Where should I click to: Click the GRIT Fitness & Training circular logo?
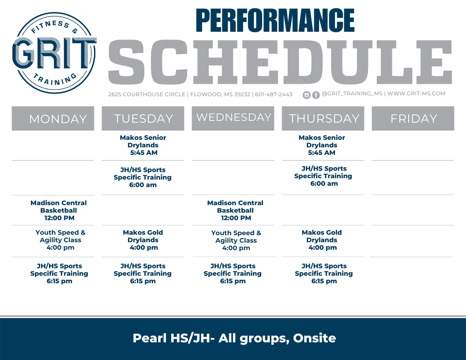54,53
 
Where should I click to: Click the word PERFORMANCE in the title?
275,20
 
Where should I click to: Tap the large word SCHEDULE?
280,63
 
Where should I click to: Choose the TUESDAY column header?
143,119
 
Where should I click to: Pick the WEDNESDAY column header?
233,117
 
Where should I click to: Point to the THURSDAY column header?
323,119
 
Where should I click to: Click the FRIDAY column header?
413,119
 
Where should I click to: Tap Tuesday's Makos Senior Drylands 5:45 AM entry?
143,145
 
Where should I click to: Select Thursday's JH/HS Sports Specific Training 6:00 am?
323,176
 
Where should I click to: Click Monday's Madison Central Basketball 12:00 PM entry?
59,210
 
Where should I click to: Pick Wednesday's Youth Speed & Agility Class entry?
236,240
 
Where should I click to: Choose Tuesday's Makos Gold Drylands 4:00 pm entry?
143,240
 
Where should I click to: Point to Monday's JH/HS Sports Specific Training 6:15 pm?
59,274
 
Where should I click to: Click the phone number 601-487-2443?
274,94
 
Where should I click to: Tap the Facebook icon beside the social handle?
316,95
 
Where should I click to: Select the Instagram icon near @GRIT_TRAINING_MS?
307,95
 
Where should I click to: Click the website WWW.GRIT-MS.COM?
416,94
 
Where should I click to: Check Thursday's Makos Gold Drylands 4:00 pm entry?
322,240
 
